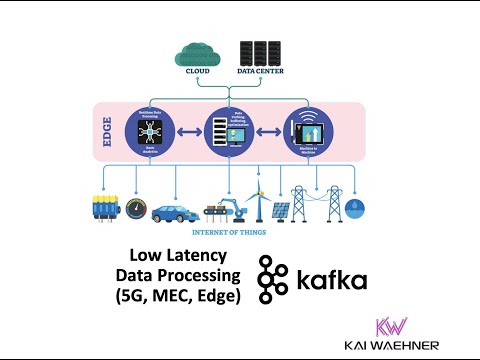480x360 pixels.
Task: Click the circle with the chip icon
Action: click(148, 132)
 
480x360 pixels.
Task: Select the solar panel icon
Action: click(281, 211)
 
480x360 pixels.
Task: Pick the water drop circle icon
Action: click(356, 208)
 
